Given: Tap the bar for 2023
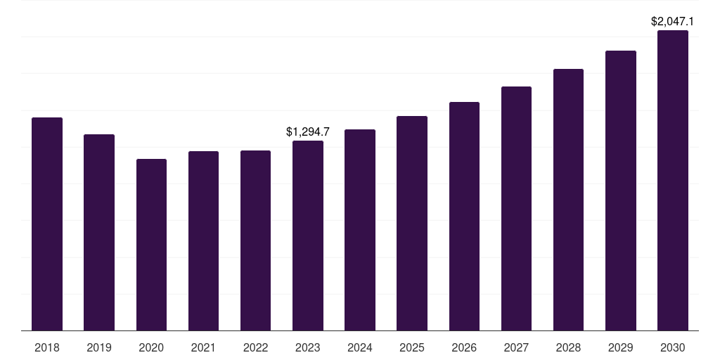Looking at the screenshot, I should tap(308, 236).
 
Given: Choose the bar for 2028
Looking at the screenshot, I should tap(568, 200).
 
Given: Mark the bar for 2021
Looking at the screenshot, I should tap(203, 240).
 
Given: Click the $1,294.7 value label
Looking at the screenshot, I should tap(308, 131).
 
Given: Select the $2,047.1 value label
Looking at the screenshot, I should tap(673, 22).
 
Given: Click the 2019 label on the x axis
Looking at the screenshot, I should tap(99, 347).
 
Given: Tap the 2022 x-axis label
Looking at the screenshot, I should tap(255, 347).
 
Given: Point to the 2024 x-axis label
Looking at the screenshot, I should tap(360, 347).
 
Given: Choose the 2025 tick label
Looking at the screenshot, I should tap(412, 347).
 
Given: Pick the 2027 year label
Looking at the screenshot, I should tap(516, 347).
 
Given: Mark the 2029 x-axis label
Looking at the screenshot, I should tap(621, 347).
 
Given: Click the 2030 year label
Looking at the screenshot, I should tap(673, 347).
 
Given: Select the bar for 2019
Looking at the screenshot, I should tap(99, 232).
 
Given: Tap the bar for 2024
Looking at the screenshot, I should tap(360, 230).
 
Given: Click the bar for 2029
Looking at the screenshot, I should tap(621, 191).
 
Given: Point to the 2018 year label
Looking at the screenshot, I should tap(47, 347).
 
